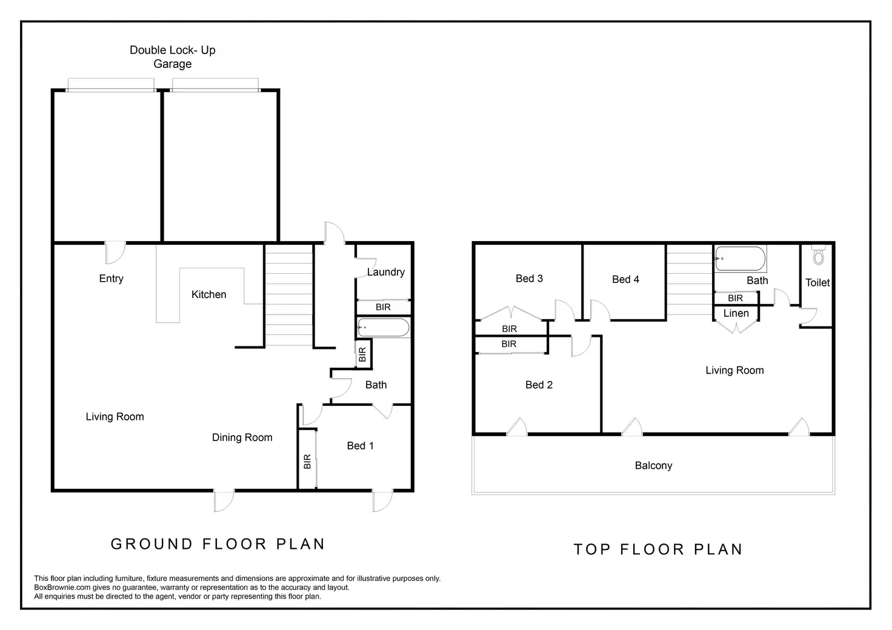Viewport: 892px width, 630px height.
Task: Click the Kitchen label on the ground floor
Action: tap(208, 294)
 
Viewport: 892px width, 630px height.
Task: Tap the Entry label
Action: tap(111, 279)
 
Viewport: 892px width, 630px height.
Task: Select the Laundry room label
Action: tap(386, 272)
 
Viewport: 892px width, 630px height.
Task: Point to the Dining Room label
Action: tap(242, 437)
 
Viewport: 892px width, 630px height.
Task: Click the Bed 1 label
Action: tap(361, 446)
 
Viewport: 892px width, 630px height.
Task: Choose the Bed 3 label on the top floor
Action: tap(529, 279)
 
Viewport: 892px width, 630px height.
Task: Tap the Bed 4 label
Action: tap(625, 279)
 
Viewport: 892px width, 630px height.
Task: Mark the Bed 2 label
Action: tap(539, 385)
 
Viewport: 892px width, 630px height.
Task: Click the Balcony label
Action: tap(653, 466)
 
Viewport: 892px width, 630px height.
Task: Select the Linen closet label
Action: tap(736, 313)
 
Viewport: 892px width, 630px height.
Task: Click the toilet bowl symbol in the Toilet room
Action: tap(818, 256)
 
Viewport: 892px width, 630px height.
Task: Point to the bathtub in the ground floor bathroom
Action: tap(384, 328)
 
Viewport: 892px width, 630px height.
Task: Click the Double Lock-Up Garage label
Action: tap(173, 57)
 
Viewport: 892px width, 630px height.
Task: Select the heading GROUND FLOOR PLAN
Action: tap(218, 544)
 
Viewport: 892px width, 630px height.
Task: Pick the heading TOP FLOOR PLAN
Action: tap(658, 549)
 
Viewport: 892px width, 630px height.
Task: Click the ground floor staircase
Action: tap(289, 295)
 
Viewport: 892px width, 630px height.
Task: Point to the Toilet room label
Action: tap(817, 282)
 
